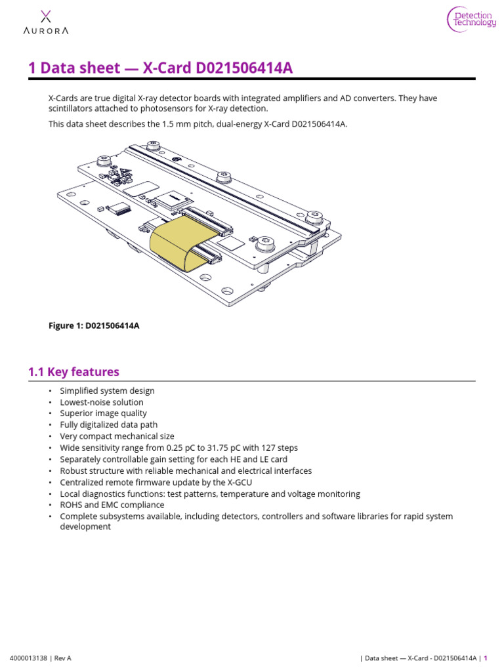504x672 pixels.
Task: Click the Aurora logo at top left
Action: pyautogui.click(x=45, y=22)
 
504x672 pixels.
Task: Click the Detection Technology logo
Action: pyautogui.click(x=472, y=19)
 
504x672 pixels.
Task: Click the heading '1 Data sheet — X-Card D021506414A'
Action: pyautogui.click(x=160, y=68)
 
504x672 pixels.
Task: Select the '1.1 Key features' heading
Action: pyautogui.click(x=73, y=372)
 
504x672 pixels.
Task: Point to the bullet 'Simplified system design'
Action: pyautogui.click(x=107, y=391)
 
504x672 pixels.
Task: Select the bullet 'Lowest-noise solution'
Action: pyautogui.click(x=102, y=402)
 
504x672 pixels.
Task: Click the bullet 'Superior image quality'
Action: pyautogui.click(x=103, y=413)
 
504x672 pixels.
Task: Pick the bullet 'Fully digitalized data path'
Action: pyautogui.click(x=109, y=425)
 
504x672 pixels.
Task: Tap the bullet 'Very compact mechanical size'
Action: pyautogui.click(x=117, y=436)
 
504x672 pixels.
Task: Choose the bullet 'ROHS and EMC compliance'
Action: pyautogui.click(x=112, y=505)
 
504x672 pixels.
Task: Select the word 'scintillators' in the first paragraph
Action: pyautogui.click(x=72, y=108)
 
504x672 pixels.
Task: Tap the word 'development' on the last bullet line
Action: pyautogui.click(x=85, y=527)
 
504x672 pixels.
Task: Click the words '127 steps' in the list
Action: pyautogui.click(x=278, y=448)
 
